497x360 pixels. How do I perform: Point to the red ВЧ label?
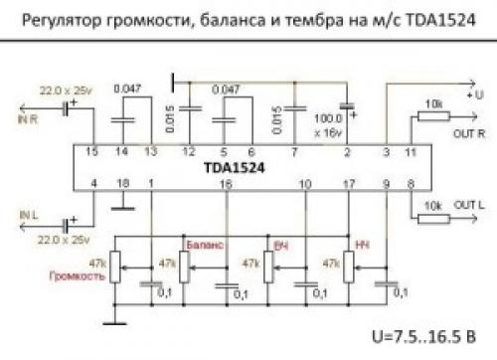280,244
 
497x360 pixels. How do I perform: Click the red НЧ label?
361,244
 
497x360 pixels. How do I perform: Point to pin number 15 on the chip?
91,151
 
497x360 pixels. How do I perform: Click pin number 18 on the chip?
122,184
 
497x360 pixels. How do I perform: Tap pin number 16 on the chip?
227,184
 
